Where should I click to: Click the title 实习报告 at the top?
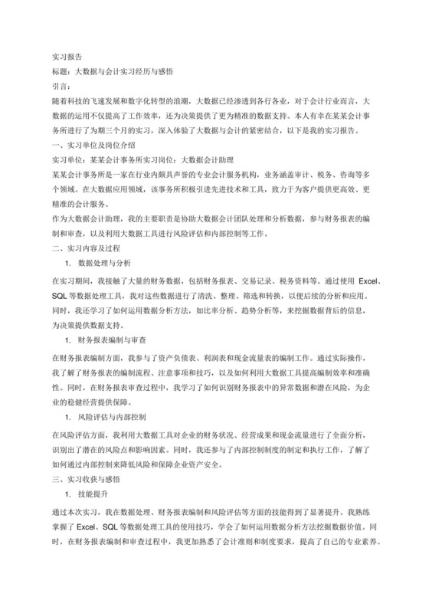click(67, 57)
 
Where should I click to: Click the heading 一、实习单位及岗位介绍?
click(93, 144)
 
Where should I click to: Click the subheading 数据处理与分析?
click(104, 264)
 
